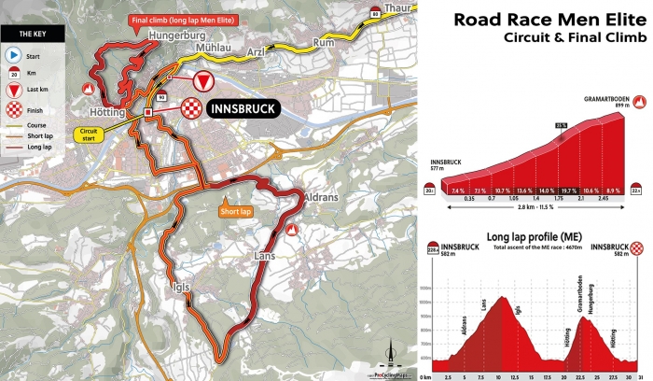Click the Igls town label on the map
183,288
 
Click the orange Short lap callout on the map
236,211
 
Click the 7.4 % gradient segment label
457,190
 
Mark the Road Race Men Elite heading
549,19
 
